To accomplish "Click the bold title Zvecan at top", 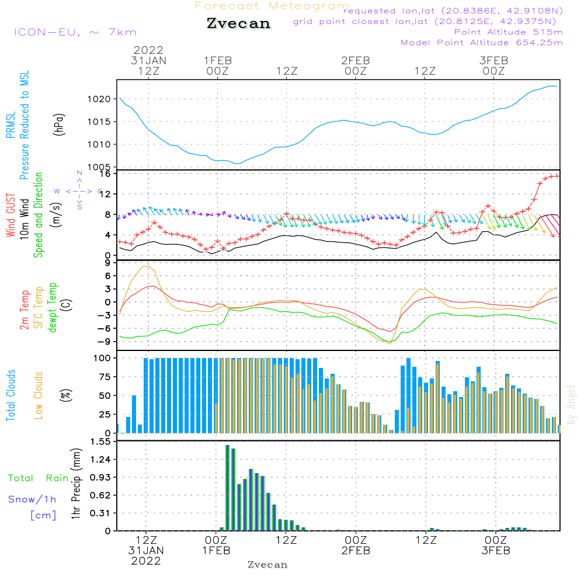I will tap(238, 24).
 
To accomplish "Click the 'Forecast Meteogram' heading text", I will tap(272, 6).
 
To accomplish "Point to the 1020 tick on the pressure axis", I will tap(99, 99).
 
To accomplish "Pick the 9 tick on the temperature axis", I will tap(107, 263).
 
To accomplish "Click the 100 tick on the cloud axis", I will tap(103, 357).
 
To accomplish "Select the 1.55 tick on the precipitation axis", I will tap(100, 442).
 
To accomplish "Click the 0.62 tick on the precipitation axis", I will tap(100, 495).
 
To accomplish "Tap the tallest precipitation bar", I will tap(228, 488).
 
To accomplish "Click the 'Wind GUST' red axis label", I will tap(11, 216).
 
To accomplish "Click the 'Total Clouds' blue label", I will tap(11, 395).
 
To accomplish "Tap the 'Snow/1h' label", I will tap(32, 499).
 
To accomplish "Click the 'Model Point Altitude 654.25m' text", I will tap(481, 43).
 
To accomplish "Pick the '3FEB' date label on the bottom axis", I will tap(496, 551).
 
